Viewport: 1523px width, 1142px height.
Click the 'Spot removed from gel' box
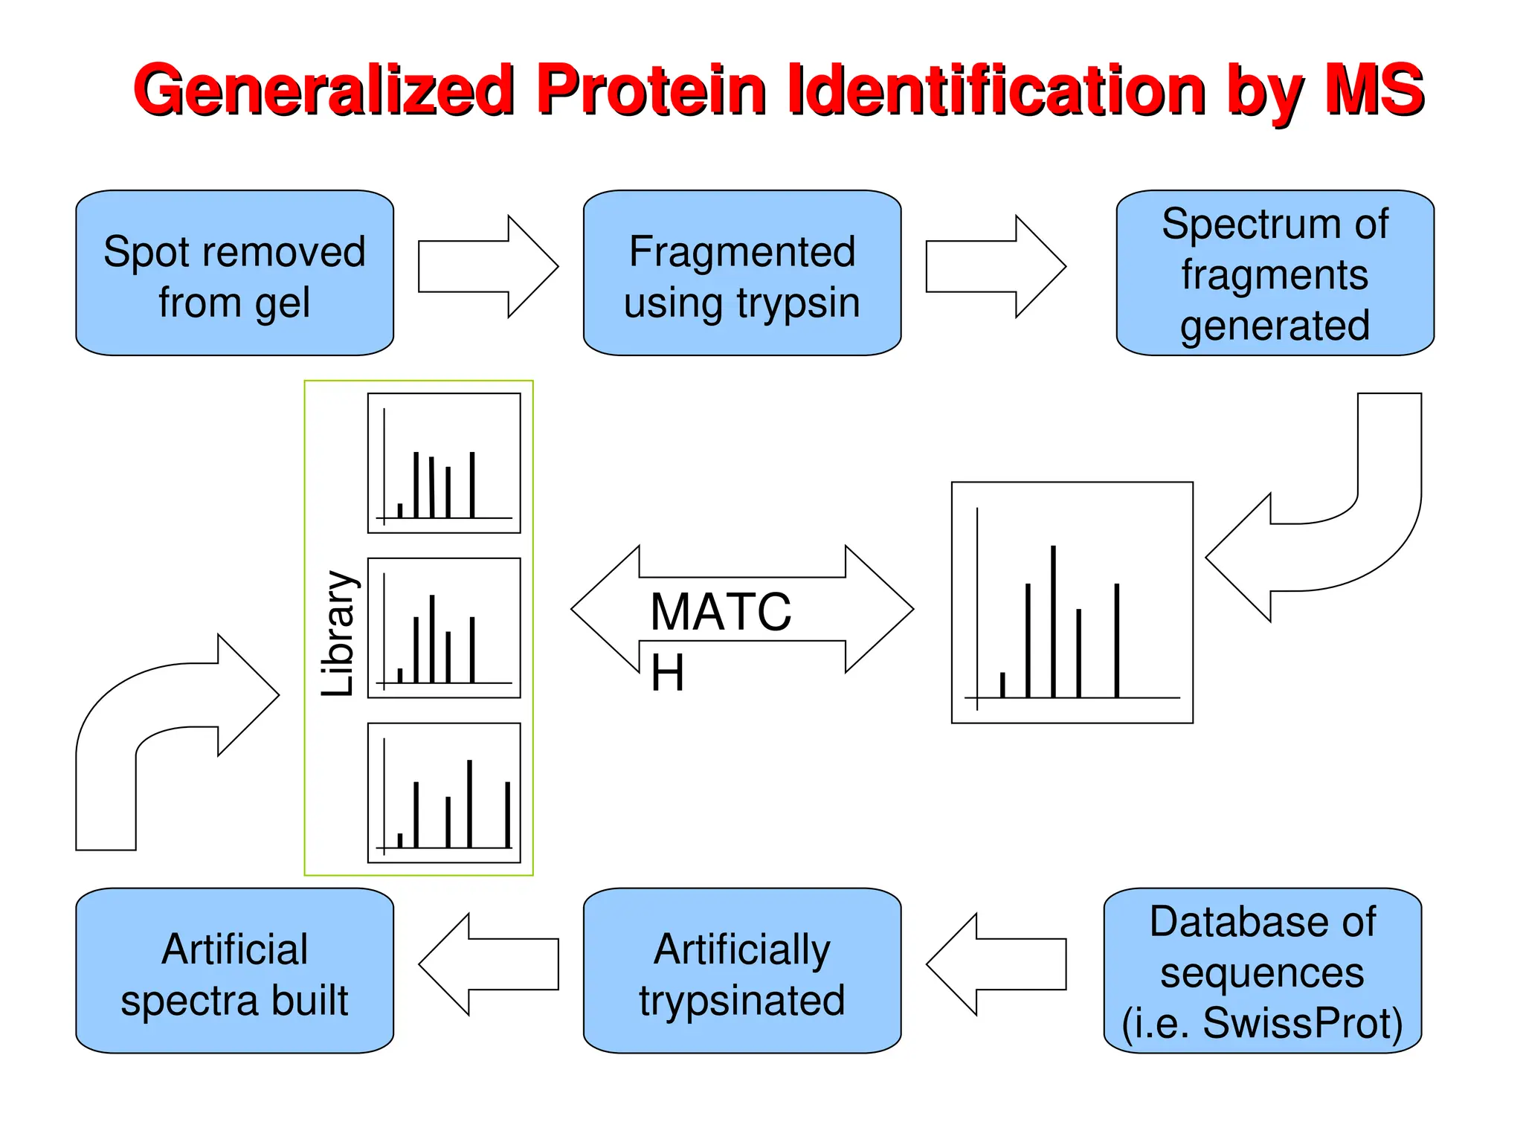coord(234,273)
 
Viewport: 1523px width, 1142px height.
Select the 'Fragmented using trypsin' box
coord(741,273)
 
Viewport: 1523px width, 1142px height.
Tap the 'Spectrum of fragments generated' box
coord(1275,273)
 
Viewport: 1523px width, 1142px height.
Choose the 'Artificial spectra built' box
coord(234,971)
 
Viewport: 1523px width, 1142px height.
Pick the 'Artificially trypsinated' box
coord(741,971)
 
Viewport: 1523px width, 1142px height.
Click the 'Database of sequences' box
coord(1262,971)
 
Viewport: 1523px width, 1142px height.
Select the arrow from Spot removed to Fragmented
coord(488,266)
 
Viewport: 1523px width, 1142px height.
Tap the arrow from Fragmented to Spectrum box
coord(995,266)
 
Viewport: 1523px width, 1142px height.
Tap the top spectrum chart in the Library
coord(444,463)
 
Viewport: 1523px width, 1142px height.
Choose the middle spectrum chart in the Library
coord(444,628)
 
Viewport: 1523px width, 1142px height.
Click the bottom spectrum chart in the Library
coord(444,793)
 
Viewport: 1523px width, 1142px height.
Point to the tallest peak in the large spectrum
coord(1053,621)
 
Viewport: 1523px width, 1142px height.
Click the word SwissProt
coord(1301,1023)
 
